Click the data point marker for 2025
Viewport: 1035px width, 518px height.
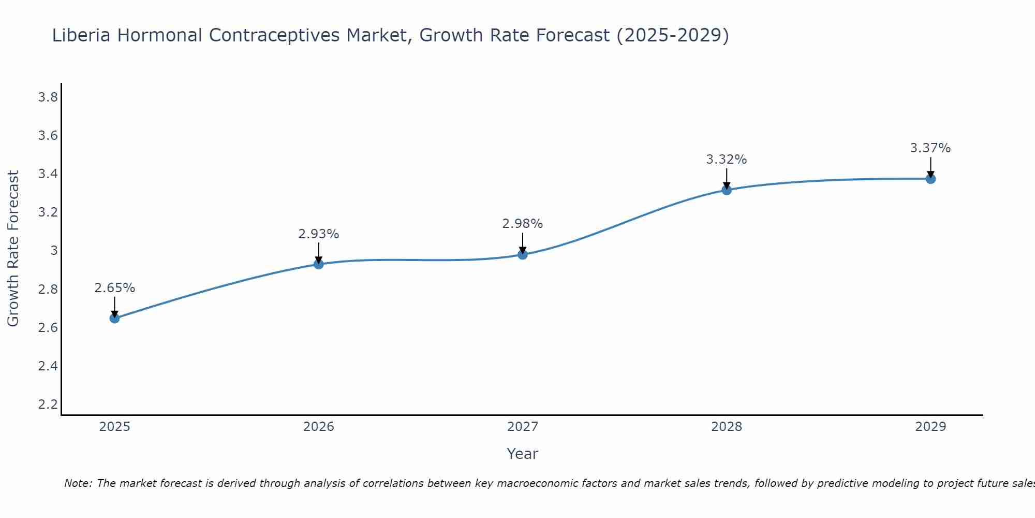pyautogui.click(x=115, y=318)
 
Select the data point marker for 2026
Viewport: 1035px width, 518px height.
pyautogui.click(x=319, y=264)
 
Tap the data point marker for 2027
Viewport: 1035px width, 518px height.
pyautogui.click(x=523, y=254)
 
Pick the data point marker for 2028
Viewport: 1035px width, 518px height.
pyautogui.click(x=727, y=190)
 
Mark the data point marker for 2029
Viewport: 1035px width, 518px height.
pyautogui.click(x=930, y=179)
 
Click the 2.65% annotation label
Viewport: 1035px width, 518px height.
pyautogui.click(x=115, y=288)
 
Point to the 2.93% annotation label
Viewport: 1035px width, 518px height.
pyautogui.click(x=319, y=234)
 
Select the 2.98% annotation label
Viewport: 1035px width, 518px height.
pyautogui.click(x=523, y=224)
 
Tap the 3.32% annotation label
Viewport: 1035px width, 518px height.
pyautogui.click(x=727, y=160)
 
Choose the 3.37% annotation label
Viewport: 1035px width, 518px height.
pyautogui.click(x=930, y=148)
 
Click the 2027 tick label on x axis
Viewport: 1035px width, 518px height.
pyautogui.click(x=523, y=427)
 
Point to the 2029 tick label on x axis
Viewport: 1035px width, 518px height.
pyautogui.click(x=930, y=427)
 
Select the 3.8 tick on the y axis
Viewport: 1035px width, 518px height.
pyautogui.click(x=48, y=97)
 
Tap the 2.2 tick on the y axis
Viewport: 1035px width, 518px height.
pyautogui.click(x=48, y=404)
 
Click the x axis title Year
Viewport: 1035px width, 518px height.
pyautogui.click(x=523, y=454)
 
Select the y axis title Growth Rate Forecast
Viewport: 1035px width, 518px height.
pyautogui.click(x=13, y=249)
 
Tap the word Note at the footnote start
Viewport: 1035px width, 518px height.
pyautogui.click(x=78, y=483)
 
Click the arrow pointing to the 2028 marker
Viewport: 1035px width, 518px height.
pyautogui.click(x=727, y=179)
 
